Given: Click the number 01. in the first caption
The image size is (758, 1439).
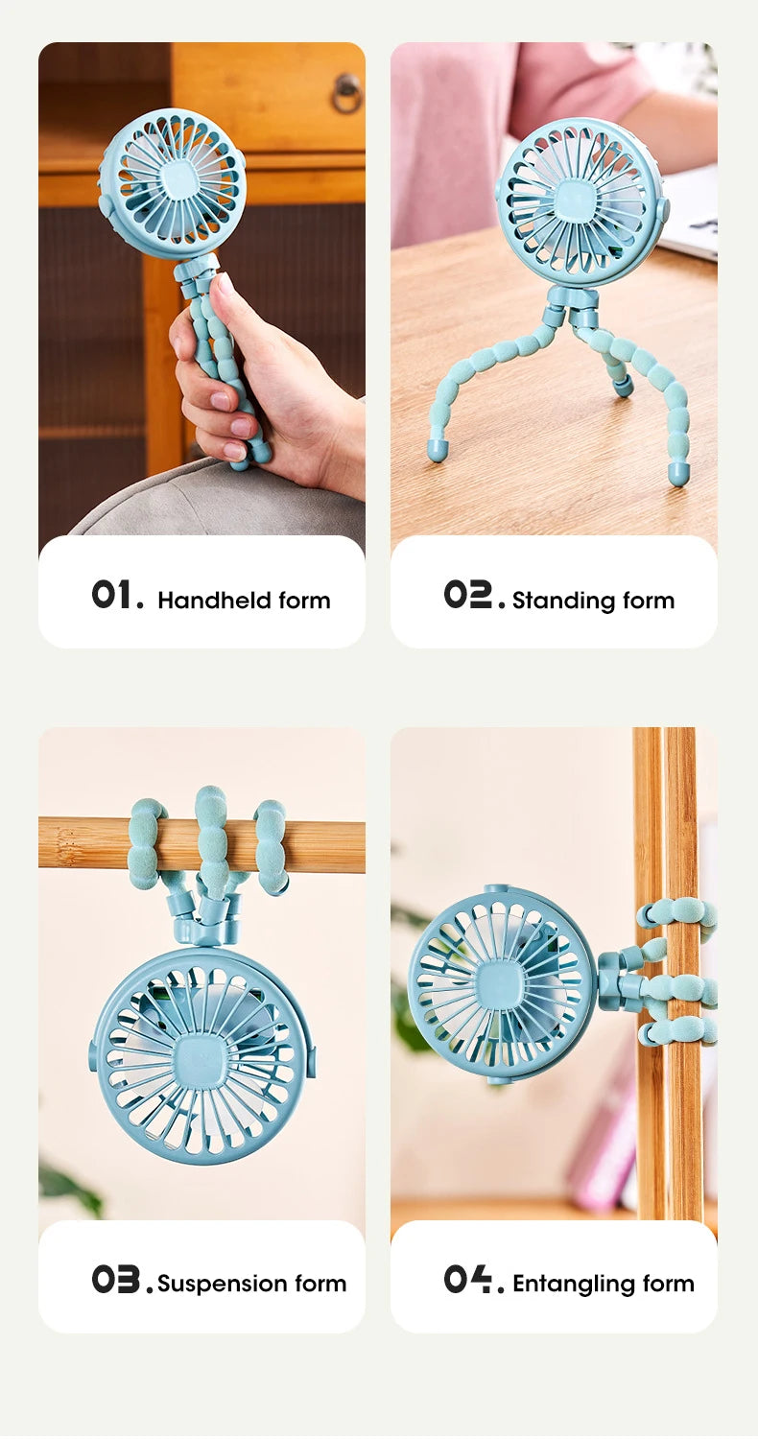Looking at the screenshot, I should point(117,595).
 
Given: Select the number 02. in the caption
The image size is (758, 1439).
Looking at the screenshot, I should point(473,595).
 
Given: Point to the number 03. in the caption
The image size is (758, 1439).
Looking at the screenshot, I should point(122,1279).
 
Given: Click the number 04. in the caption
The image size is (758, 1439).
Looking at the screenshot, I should point(473,1279).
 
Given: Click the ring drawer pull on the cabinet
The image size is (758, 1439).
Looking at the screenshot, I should point(345,92).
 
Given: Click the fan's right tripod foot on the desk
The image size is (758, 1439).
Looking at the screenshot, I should point(679,472).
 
